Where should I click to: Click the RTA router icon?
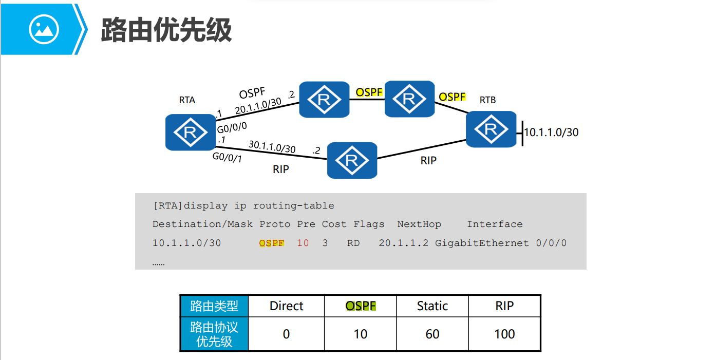190,132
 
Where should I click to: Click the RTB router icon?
491,129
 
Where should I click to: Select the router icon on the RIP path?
352,160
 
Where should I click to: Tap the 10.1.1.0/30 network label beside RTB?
551,132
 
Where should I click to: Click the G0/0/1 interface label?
227,158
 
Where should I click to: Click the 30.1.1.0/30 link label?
272,147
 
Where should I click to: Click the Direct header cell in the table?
286,306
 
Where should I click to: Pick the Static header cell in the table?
432,306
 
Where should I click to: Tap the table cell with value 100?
504,334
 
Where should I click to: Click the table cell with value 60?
432,334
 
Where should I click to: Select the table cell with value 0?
286,334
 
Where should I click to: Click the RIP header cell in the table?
504,306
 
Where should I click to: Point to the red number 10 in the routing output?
303,243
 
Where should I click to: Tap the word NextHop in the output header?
419,224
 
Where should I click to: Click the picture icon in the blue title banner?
44,29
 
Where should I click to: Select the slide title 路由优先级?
166,30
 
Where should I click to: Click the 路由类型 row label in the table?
214,306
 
